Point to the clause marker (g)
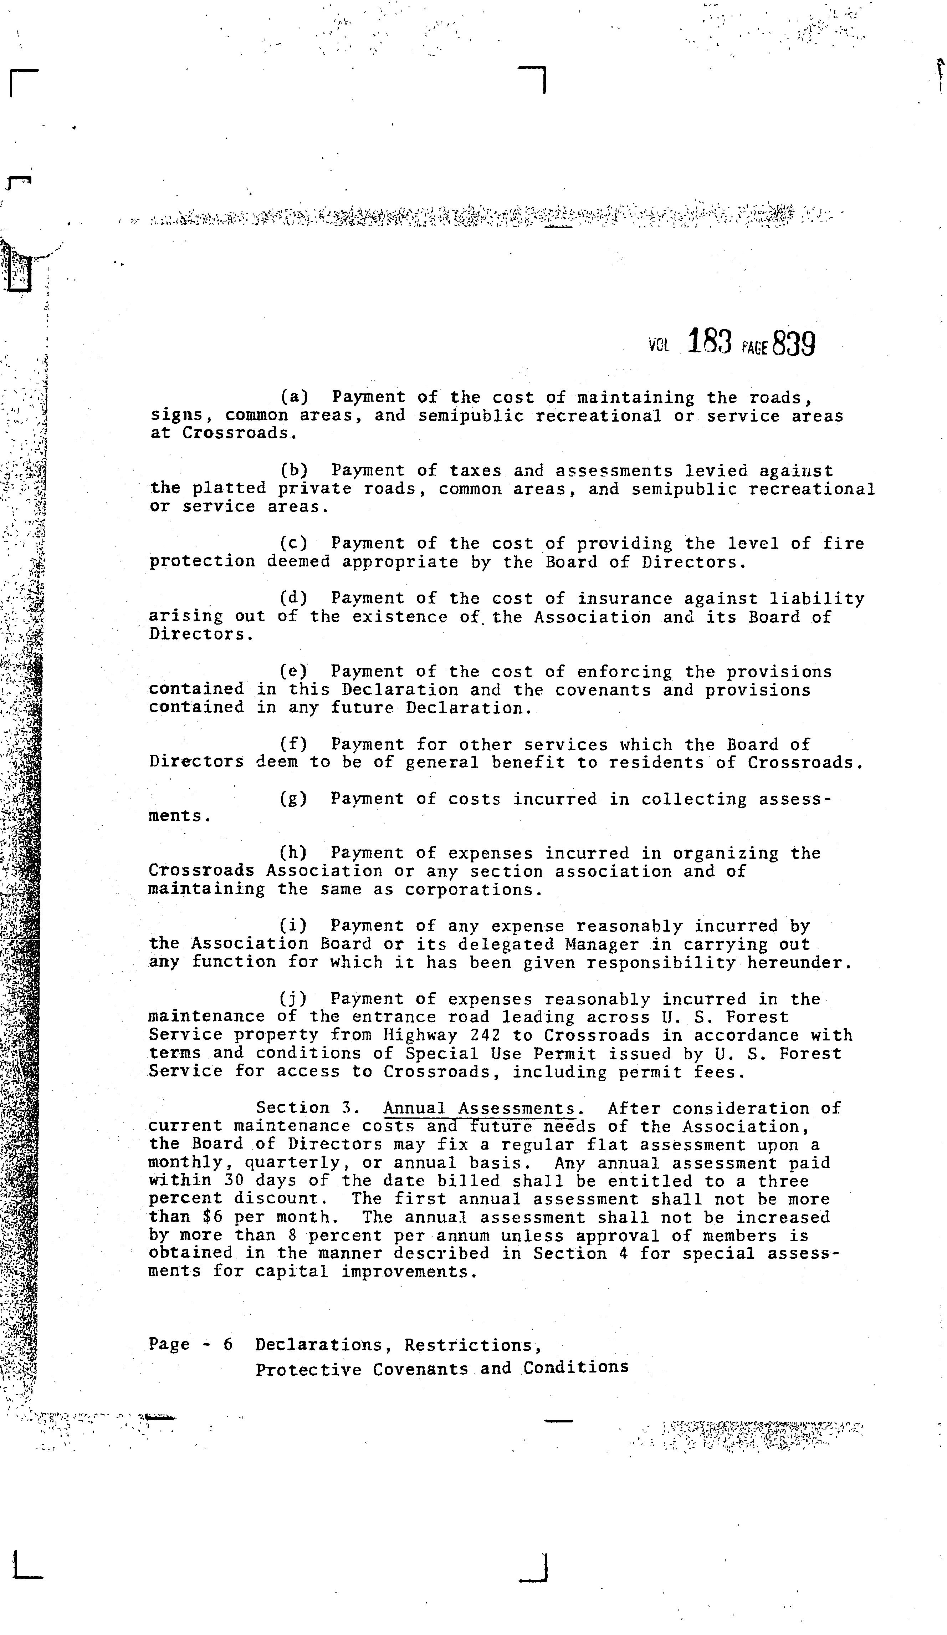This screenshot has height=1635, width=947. (x=294, y=799)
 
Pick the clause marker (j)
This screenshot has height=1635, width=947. (x=294, y=999)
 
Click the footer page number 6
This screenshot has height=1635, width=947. (x=228, y=1344)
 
